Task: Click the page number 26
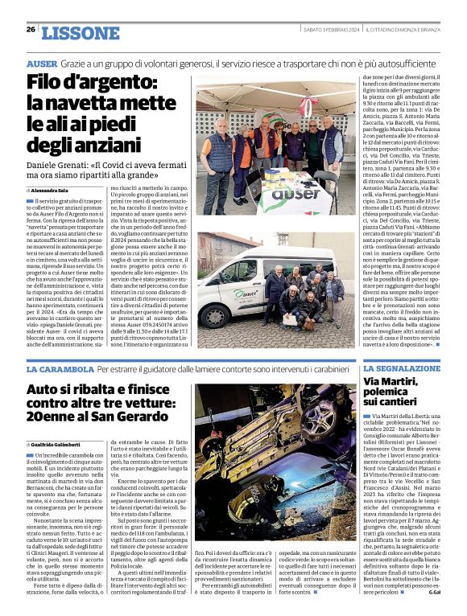pos(31,29)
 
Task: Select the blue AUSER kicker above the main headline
pos(42,63)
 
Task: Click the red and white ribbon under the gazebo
pos(305,105)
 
